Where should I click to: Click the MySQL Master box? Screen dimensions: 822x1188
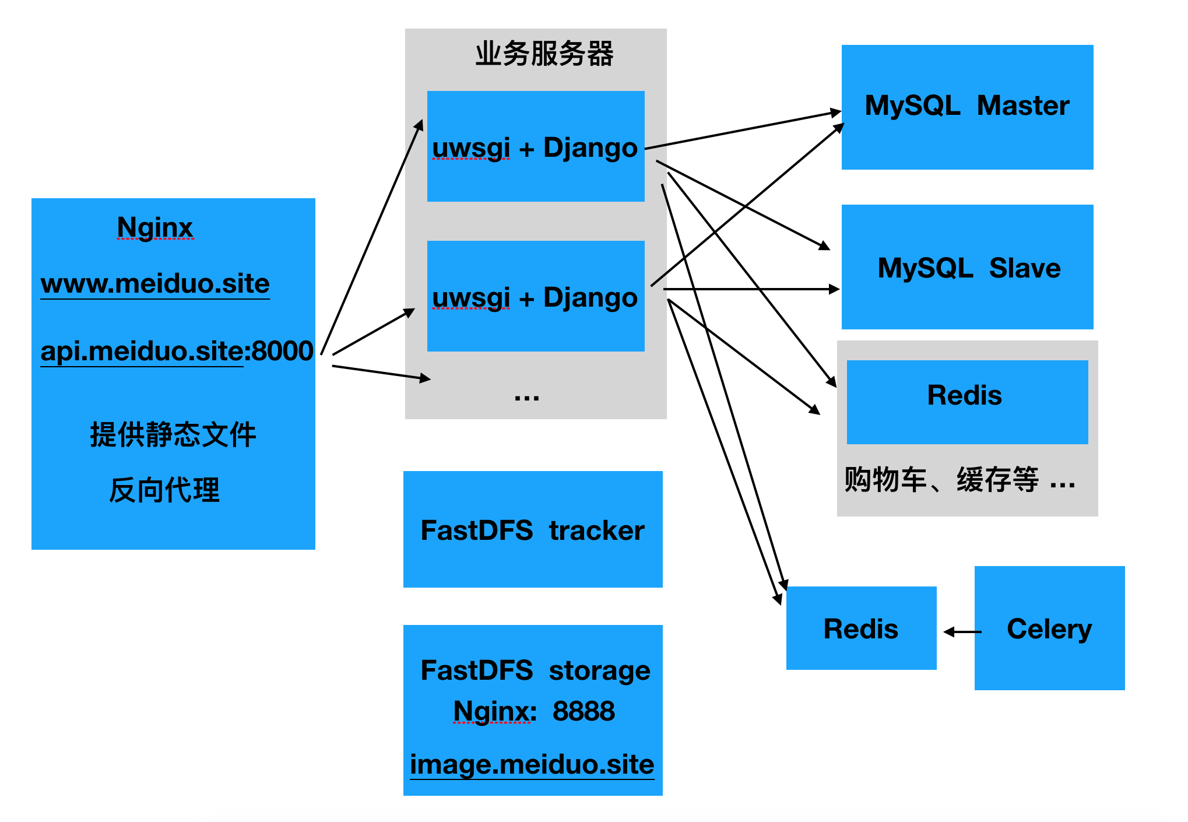click(x=966, y=107)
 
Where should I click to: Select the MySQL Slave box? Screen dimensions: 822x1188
click(x=966, y=267)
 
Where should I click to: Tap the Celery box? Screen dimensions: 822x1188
click(x=1049, y=628)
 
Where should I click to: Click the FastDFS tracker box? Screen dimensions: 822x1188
click(x=532, y=529)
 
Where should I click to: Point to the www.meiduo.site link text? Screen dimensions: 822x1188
click(x=155, y=284)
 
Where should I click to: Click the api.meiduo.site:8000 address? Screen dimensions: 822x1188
click(x=177, y=351)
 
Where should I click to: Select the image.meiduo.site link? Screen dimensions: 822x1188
click(x=532, y=764)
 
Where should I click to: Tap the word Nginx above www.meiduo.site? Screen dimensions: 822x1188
click(x=154, y=227)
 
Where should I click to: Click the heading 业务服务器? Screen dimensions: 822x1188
click(x=544, y=54)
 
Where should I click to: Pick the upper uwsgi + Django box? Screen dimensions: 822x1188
click(x=535, y=146)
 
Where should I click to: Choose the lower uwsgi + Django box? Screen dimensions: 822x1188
click(x=535, y=296)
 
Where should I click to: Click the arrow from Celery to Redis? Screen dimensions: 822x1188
click(x=962, y=631)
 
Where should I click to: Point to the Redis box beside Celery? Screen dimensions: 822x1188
click(x=860, y=628)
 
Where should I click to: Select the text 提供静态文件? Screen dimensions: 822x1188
click(x=173, y=434)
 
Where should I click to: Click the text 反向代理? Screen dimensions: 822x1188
click(x=164, y=490)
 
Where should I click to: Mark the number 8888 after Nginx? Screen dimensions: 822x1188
click(x=584, y=711)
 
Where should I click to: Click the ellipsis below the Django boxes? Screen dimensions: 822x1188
click(x=526, y=397)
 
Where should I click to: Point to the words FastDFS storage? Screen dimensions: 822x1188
click(x=535, y=670)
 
